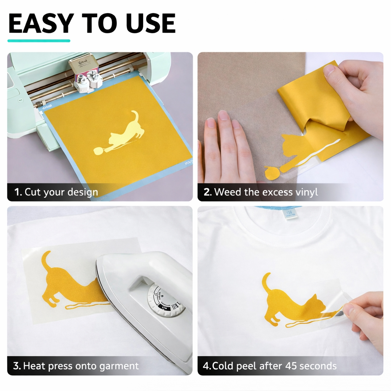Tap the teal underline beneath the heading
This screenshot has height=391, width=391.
pos(39,40)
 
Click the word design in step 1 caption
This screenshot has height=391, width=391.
pos(82,192)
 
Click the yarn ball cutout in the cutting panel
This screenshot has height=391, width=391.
pos(98,151)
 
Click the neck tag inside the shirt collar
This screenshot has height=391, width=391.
pos(289,214)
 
